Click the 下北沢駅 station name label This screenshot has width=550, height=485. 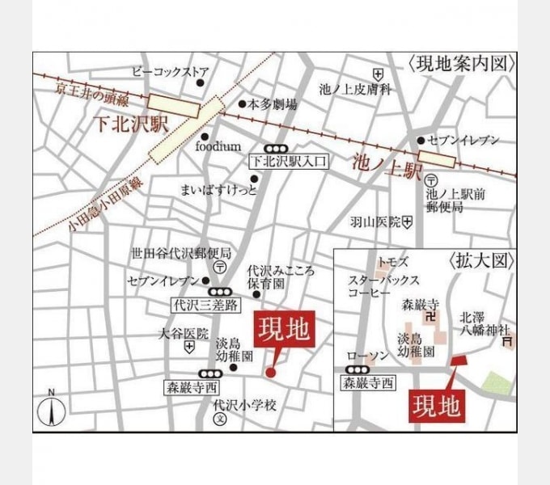127,125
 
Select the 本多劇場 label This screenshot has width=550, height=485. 272,104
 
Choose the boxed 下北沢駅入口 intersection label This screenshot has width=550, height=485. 289,162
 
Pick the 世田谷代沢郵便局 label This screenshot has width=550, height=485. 181,253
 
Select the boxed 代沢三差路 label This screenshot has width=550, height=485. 206,306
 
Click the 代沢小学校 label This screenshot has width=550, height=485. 246,405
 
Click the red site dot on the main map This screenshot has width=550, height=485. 270,372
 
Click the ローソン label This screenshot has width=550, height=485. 363,356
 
